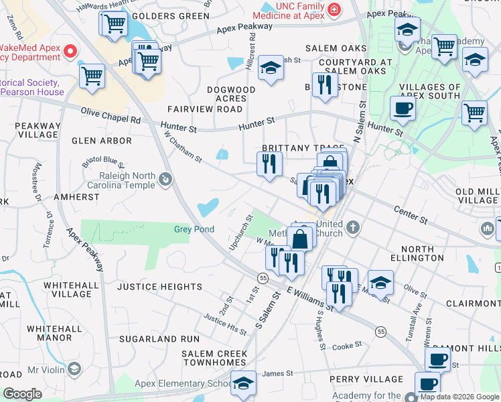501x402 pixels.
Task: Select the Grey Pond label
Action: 194,229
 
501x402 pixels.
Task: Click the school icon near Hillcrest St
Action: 270,68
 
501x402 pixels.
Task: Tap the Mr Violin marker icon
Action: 74,369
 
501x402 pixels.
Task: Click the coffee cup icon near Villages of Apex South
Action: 403,109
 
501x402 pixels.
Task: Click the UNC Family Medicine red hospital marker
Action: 333,11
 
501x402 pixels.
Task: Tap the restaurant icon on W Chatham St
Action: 269,163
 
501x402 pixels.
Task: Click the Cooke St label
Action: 347,345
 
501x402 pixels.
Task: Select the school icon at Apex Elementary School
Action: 243,383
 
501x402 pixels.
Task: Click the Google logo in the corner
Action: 22,394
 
